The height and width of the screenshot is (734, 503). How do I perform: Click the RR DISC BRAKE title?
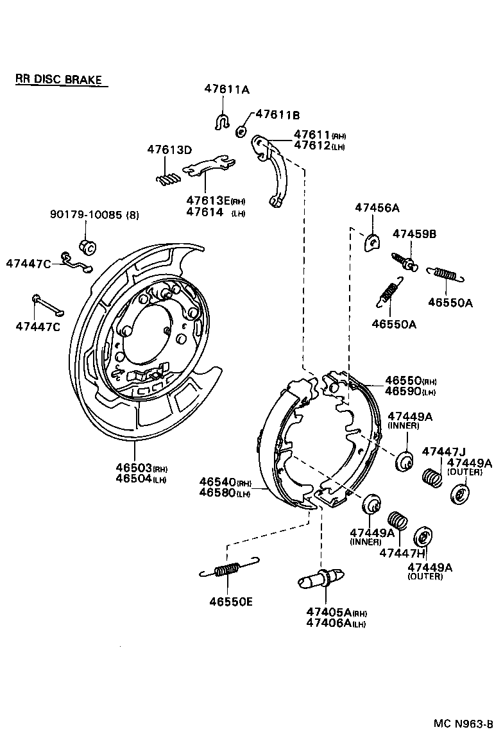tap(58, 80)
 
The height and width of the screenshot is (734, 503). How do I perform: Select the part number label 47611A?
tap(226, 90)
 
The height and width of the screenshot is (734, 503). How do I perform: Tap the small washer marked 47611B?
tap(241, 131)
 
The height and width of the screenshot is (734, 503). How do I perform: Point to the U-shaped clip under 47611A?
tap(222, 121)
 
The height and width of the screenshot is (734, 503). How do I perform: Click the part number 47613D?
tap(169, 149)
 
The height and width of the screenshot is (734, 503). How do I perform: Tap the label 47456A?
tap(377, 208)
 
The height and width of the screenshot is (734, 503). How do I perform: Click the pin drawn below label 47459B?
tap(404, 261)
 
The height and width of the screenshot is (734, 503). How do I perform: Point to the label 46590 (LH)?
tap(402, 391)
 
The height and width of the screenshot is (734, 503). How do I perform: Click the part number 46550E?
tap(230, 602)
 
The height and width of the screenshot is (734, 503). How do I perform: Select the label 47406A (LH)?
tap(336, 623)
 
